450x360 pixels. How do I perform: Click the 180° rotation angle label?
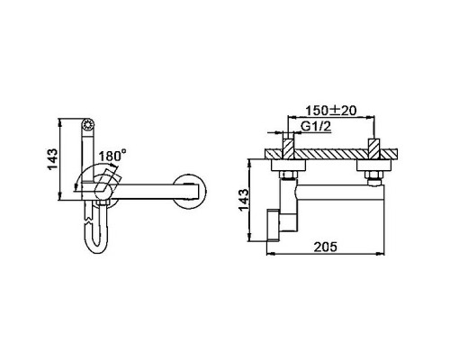[112, 156]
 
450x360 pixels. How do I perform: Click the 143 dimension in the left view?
[52, 159]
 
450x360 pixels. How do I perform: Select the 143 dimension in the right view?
[244, 200]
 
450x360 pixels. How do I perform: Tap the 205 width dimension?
[326, 247]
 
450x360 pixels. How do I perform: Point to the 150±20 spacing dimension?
[331, 111]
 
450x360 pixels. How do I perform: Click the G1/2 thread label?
[316, 127]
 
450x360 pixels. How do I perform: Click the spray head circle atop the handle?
[88, 124]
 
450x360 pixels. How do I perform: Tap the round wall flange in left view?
[191, 192]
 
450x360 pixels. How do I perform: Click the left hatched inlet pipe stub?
[289, 148]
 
